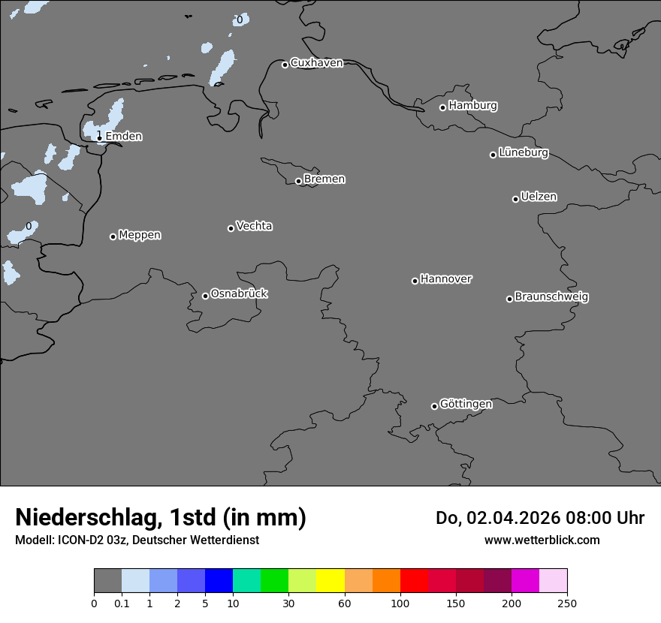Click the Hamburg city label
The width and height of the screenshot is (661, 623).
[472, 106]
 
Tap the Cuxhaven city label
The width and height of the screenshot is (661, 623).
[316, 63]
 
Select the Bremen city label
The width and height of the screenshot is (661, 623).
[324, 179]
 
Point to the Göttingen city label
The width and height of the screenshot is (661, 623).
[466, 405]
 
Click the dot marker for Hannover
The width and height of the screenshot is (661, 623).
[415, 281]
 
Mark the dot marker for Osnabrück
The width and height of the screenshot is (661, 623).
[205, 296]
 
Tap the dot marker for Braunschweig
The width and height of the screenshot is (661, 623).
[509, 299]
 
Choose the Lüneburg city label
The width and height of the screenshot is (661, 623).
[523, 153]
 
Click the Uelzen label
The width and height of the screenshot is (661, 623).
[539, 197]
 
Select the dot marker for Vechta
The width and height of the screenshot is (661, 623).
[231, 228]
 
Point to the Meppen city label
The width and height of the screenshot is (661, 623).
[140, 236]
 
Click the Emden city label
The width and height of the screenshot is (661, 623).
[123, 137]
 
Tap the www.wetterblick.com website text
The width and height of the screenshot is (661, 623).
[542, 540]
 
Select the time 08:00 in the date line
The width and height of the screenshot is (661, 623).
[584, 518]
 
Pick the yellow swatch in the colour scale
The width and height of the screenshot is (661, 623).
[330, 581]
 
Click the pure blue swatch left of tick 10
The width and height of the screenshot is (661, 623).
[219, 581]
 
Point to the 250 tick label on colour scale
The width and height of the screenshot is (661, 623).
[567, 603]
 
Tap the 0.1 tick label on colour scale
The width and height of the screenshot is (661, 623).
[122, 603]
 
